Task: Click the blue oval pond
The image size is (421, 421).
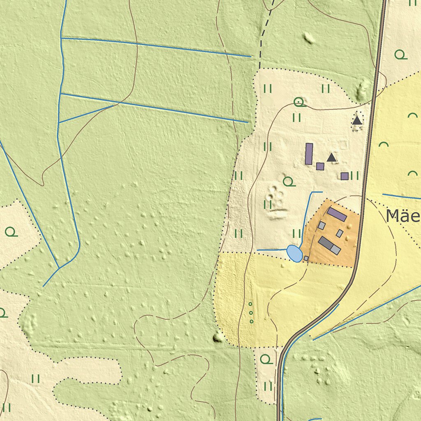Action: tap(294, 253)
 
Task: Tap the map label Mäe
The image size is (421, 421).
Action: tap(403, 216)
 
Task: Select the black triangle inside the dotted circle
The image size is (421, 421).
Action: tap(357, 120)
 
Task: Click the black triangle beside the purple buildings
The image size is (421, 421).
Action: tap(332, 157)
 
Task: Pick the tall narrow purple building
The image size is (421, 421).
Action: tap(309, 154)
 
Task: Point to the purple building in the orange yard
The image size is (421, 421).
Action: tap(337, 214)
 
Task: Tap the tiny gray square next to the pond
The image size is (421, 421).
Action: tap(306, 258)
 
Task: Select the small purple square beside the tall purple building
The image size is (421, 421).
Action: tap(320, 166)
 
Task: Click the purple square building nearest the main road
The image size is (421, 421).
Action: tap(345, 176)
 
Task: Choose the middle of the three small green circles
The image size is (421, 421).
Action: tap(251, 312)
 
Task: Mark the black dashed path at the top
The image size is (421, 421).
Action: tap(263, 37)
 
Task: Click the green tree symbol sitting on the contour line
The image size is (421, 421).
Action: tap(299, 102)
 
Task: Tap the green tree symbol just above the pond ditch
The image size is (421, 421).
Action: tap(289, 181)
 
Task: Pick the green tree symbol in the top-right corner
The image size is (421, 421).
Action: tap(400, 54)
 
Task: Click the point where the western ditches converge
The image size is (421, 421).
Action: tap(60, 268)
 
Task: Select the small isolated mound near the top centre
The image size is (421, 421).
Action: tap(309, 39)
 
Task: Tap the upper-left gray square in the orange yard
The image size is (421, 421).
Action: tap(322, 225)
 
